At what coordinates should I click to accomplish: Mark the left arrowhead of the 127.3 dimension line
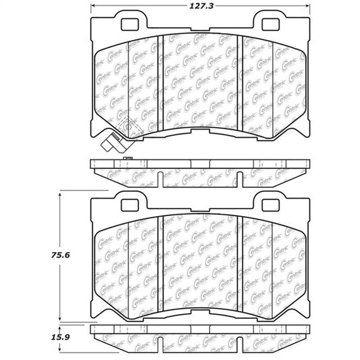[x=93, y=7]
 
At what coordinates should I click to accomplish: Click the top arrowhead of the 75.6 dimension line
[x=61, y=194]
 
